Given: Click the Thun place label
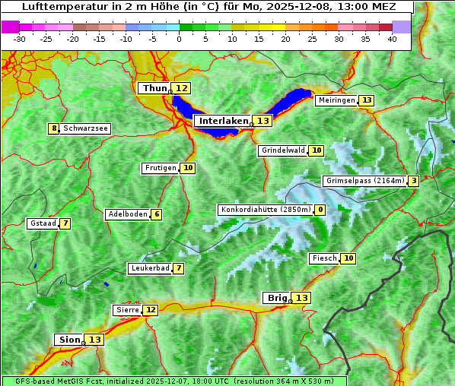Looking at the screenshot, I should [x=154, y=89].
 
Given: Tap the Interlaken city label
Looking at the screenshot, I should [x=224, y=121].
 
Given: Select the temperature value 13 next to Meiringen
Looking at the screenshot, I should [x=367, y=100].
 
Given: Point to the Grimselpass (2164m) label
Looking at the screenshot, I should [x=364, y=181].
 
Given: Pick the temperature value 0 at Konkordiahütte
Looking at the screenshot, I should [x=320, y=210].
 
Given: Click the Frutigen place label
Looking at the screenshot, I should [x=160, y=168].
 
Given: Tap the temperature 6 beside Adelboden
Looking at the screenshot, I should [x=157, y=214].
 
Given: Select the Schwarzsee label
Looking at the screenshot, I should [x=85, y=128].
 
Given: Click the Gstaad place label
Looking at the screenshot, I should [x=42, y=223].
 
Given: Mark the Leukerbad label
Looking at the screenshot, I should [x=149, y=268].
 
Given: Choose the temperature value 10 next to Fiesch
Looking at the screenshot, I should [x=348, y=258].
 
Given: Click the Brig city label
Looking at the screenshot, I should [x=275, y=298].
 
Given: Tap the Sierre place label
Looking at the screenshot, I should [x=127, y=310].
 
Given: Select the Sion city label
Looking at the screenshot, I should [x=68, y=340].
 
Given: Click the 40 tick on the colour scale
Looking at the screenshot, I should [x=392, y=39].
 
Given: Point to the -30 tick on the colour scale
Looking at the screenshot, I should [x=20, y=39].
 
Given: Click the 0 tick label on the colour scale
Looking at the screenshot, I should [x=179, y=39].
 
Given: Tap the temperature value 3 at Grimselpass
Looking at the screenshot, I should [x=412, y=181].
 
